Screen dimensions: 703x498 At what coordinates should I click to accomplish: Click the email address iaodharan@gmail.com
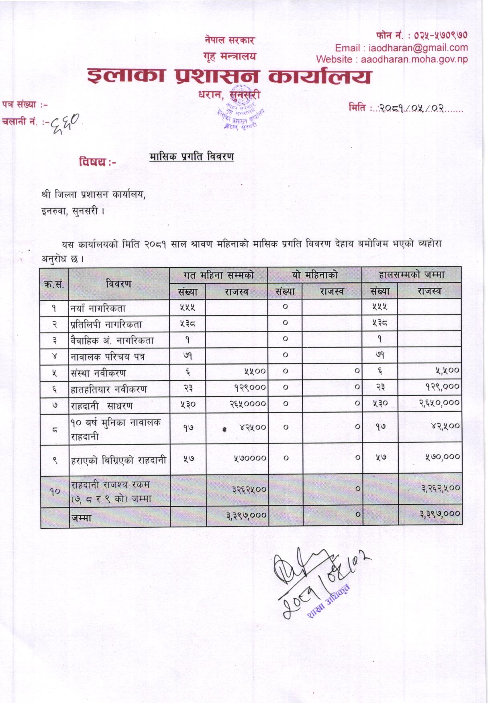coord(418,48)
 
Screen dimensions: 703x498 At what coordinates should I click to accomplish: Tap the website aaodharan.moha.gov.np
coord(414,59)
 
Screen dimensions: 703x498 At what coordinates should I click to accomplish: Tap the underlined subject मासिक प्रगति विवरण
coord(192,156)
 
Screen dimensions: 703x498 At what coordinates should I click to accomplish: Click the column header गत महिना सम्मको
coord(218,275)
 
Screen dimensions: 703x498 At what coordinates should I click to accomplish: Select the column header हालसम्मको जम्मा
coord(411,275)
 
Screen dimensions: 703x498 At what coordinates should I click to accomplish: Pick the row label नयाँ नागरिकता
coord(98,308)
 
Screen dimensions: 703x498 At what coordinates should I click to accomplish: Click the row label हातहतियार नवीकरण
coord(108,389)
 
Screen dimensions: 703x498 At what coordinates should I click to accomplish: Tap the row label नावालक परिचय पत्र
coord(108,357)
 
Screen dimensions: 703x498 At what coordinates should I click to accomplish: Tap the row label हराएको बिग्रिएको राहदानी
coord(118,460)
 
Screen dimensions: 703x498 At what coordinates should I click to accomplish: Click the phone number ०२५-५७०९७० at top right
coord(441,35)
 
